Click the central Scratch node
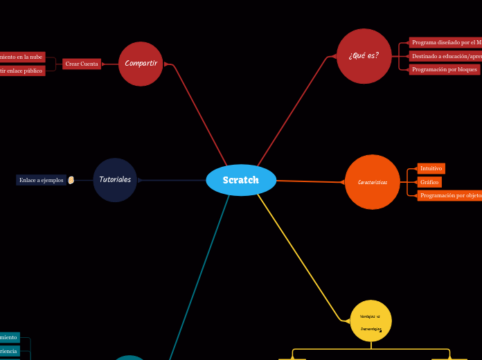[241, 180]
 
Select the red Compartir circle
[141, 64]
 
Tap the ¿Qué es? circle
[364, 56]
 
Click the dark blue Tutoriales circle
[115, 180]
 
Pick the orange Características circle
[373, 182]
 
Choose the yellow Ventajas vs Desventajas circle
[371, 321]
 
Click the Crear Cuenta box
[82, 64]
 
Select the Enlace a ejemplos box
[42, 180]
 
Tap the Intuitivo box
[431, 168]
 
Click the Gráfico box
[429, 182]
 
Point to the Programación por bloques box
[445, 69]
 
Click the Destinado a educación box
[445, 56]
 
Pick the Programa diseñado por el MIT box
[445, 42]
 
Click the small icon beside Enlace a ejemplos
[71, 180]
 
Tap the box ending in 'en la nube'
[22, 57]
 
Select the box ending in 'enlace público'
[21, 71]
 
